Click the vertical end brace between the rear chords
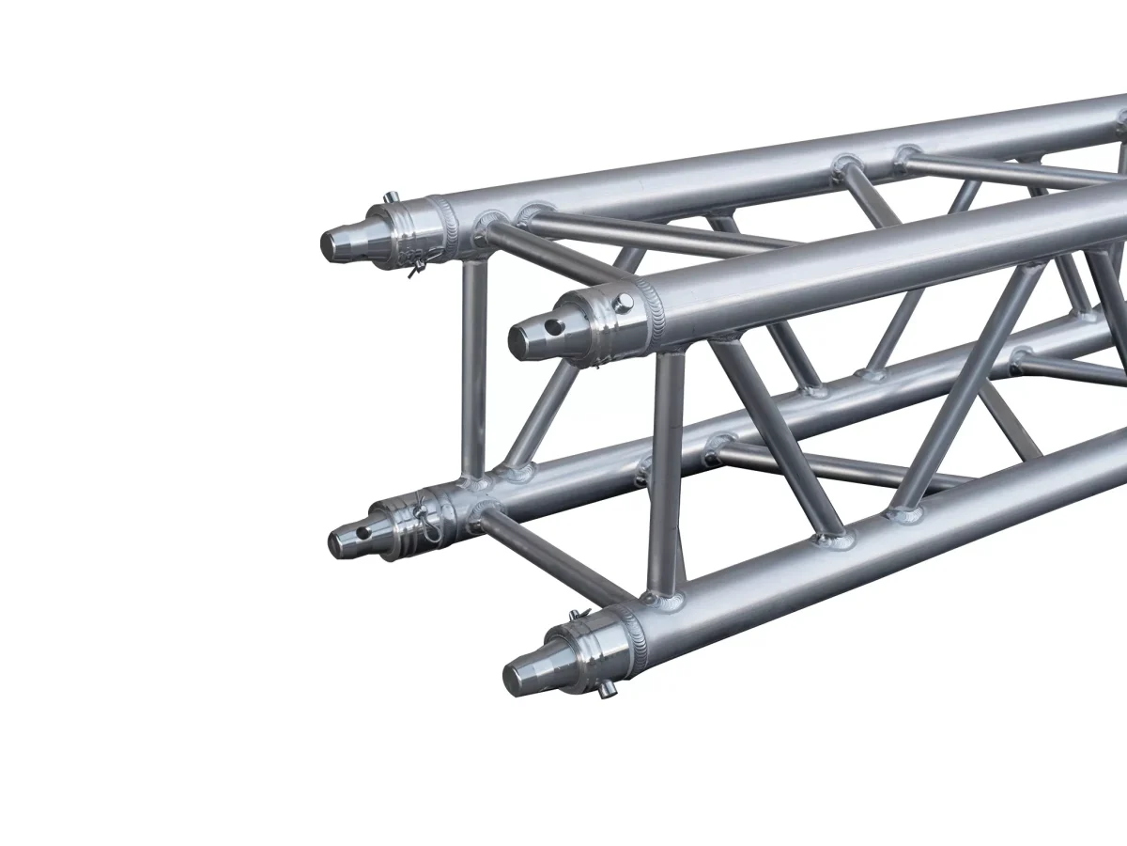473,367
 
